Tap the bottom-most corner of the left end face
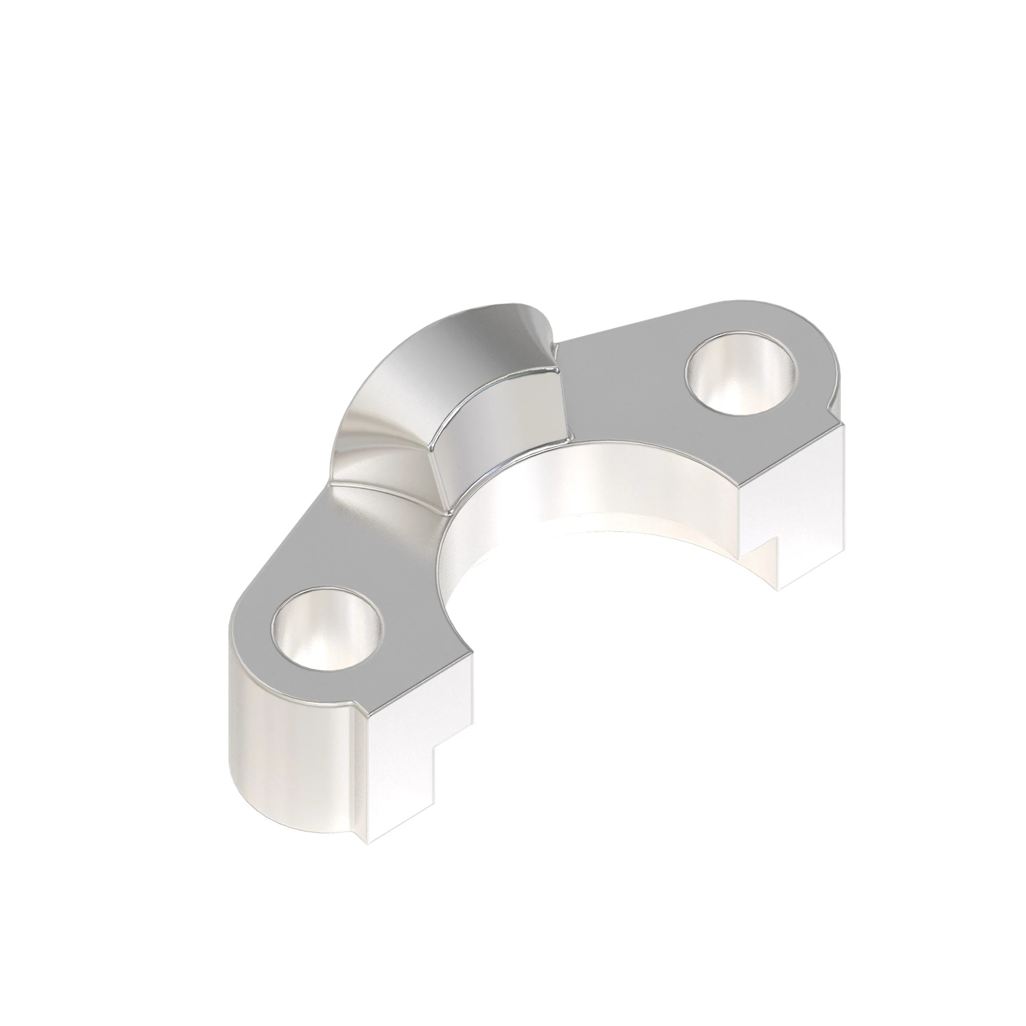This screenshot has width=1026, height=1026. click(369, 843)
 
